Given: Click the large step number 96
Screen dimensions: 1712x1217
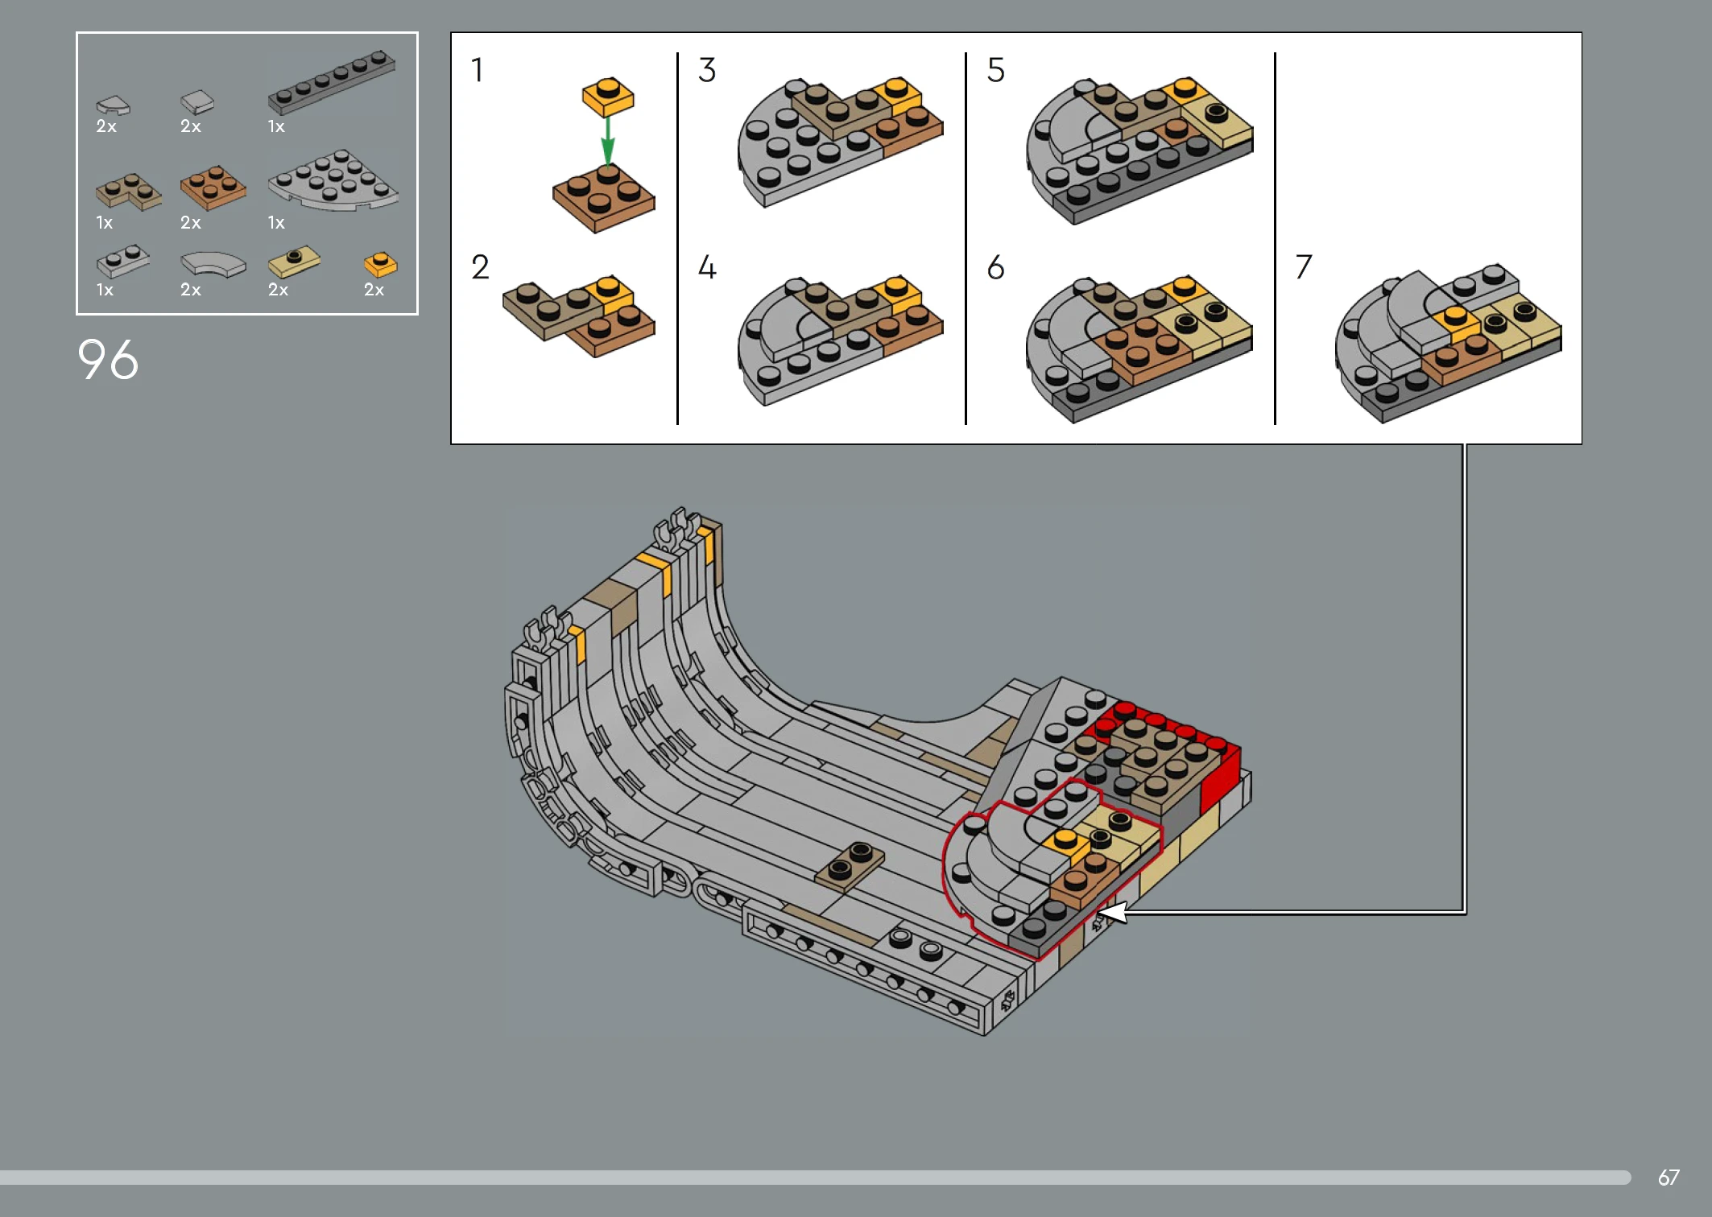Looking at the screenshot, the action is click(x=108, y=359).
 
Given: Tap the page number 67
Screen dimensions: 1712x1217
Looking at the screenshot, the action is click(x=1669, y=1178).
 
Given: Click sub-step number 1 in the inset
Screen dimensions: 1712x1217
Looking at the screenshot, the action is click(x=478, y=70).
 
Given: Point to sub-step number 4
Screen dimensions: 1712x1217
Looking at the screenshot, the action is click(x=707, y=267).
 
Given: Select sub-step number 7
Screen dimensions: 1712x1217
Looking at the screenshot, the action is click(x=1304, y=267).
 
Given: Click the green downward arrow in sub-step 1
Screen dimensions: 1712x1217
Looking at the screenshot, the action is click(x=608, y=140).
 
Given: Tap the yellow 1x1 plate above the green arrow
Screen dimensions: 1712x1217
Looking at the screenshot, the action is click(x=608, y=97).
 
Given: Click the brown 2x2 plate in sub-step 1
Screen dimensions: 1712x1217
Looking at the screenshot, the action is click(x=604, y=198).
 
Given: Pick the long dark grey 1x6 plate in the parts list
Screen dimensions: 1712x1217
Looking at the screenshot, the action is click(x=332, y=81).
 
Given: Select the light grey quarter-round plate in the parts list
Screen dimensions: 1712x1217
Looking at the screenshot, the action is click(x=333, y=181).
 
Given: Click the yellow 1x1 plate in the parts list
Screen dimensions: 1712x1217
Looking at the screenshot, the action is click(x=380, y=265).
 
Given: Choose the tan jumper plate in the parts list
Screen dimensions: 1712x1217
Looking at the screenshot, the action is click(x=294, y=262).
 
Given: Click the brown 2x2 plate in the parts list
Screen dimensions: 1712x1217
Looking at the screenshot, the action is click(x=213, y=188).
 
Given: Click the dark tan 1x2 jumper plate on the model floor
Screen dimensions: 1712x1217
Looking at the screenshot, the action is click(x=850, y=866).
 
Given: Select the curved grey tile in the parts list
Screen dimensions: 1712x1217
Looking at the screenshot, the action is click(x=213, y=265).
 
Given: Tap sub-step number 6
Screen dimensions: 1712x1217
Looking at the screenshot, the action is click(x=996, y=267).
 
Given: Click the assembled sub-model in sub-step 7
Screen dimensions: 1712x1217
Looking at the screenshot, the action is click(x=1449, y=344).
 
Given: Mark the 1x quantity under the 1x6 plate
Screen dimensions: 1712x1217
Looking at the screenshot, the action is click(x=276, y=126).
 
